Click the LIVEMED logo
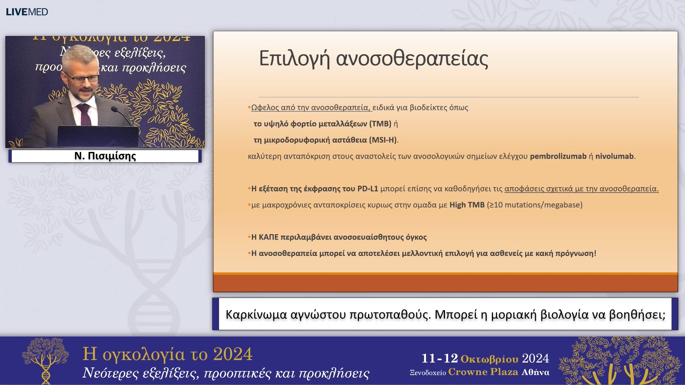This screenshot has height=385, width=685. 27,12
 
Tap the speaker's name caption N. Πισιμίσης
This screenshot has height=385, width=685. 105,156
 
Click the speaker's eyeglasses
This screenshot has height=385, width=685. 83,78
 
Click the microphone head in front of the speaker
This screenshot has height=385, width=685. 115,109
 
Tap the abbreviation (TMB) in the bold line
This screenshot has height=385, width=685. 380,124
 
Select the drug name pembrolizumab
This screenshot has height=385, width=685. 558,156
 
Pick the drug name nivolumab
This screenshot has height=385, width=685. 614,156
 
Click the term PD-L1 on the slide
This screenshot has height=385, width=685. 367,189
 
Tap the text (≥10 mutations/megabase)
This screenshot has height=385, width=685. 534,205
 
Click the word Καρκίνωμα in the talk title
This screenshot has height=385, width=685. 256,314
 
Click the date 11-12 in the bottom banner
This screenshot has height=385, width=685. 440,358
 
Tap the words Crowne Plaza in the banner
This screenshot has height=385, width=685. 483,372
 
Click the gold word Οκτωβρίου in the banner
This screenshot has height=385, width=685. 489,359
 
